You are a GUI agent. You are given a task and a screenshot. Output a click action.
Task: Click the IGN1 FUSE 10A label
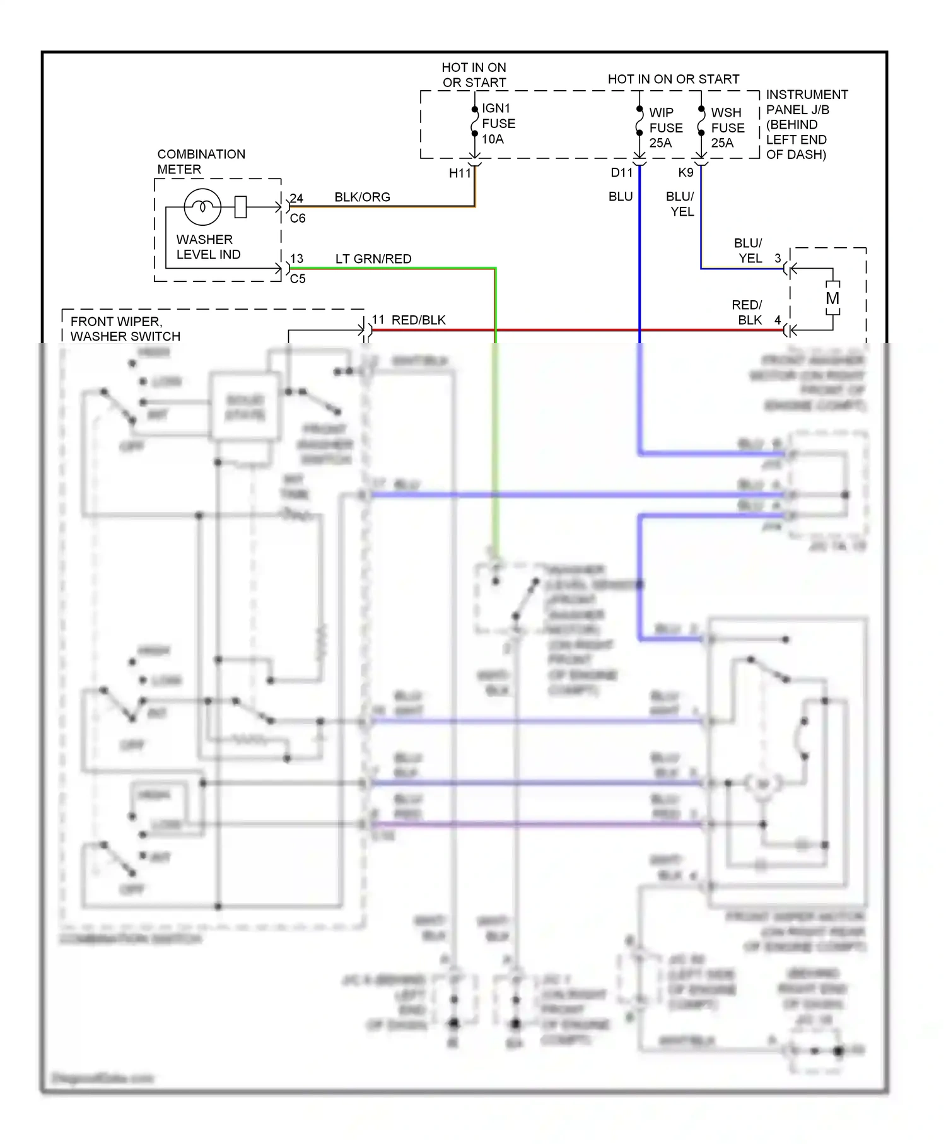click(498, 124)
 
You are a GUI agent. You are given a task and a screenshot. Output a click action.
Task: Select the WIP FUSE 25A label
click(665, 127)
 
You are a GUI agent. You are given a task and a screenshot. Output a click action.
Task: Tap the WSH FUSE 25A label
click(727, 127)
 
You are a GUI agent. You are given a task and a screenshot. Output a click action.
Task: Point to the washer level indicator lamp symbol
click(202, 207)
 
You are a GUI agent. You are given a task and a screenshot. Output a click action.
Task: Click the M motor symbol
click(832, 298)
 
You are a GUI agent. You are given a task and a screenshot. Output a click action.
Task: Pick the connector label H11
click(460, 173)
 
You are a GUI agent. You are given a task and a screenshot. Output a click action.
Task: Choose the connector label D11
click(621, 173)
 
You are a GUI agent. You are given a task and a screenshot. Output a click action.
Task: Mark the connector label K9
click(686, 173)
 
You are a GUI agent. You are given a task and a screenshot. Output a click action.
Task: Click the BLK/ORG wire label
click(362, 197)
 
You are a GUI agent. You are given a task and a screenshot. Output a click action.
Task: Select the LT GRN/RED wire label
click(373, 259)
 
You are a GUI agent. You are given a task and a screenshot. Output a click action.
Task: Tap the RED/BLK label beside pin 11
click(418, 320)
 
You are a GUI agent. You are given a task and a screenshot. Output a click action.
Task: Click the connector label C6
click(298, 218)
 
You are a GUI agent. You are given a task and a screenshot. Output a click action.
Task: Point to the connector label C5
click(298, 279)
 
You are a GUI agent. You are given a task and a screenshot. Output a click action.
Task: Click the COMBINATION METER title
click(201, 161)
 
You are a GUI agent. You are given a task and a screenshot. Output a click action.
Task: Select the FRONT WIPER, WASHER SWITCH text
click(125, 329)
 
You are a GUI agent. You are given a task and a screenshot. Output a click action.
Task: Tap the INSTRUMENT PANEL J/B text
click(806, 102)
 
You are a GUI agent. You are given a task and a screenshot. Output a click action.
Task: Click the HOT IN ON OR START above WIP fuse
click(673, 79)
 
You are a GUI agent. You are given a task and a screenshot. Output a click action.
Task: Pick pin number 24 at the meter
click(296, 199)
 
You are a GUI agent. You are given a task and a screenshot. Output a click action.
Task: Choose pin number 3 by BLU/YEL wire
click(778, 258)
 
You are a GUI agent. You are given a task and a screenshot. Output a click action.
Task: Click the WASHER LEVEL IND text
click(208, 247)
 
